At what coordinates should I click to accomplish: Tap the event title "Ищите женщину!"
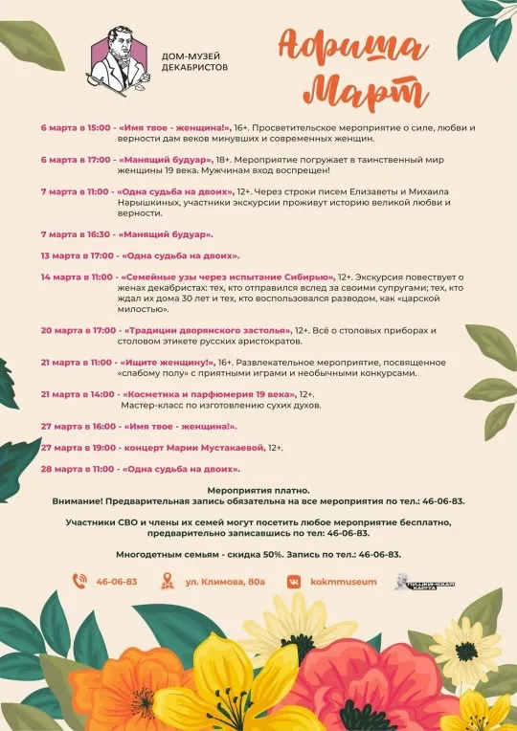(x=167, y=365)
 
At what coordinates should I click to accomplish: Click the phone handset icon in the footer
(x=81, y=581)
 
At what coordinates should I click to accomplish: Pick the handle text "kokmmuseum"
(x=347, y=582)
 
